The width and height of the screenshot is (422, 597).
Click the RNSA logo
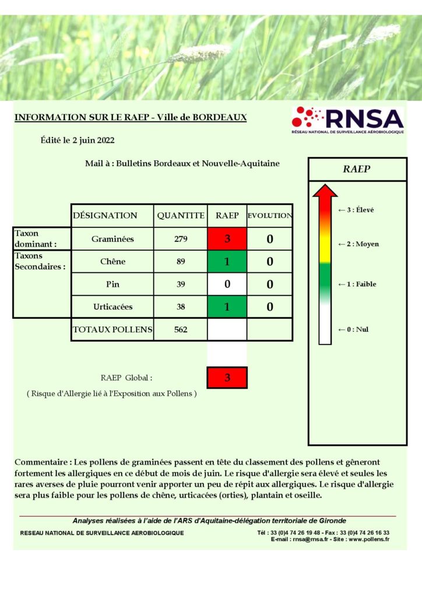[x=347, y=120]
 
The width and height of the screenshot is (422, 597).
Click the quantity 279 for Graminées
[x=181, y=239]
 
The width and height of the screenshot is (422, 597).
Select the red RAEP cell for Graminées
[x=227, y=239]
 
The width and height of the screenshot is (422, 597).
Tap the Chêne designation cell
[x=112, y=262]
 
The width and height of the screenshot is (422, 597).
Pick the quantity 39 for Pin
[x=181, y=285]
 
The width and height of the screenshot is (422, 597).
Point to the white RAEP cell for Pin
[x=227, y=285]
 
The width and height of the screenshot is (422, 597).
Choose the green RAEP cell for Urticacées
[x=227, y=307]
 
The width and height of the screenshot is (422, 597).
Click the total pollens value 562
[x=181, y=329]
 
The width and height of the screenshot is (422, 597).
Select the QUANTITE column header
[x=181, y=216]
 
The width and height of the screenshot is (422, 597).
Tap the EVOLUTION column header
[x=270, y=216]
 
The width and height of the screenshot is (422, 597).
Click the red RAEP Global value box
[x=227, y=378]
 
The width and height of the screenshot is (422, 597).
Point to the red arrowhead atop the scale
[x=325, y=191]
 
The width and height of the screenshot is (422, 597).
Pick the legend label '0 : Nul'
[x=354, y=329]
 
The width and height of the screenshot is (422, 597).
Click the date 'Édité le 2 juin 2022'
[x=78, y=141]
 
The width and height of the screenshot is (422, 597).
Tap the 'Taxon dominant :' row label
[x=36, y=238]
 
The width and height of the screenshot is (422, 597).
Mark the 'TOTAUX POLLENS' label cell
[x=112, y=329]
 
